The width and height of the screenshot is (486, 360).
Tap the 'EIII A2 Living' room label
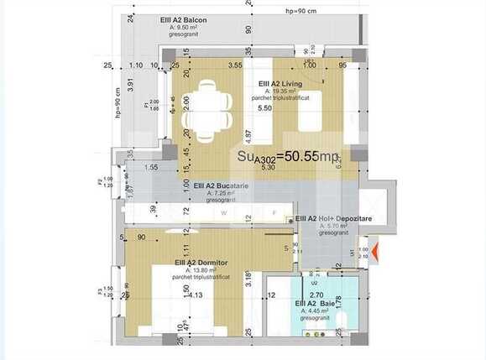(x=281, y=83)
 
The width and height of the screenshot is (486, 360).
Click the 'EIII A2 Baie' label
(x=314, y=303)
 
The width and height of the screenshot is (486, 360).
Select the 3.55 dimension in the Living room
(x=235, y=65)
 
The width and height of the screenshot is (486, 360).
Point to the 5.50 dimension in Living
(x=264, y=108)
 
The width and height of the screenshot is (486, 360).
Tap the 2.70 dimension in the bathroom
(x=316, y=295)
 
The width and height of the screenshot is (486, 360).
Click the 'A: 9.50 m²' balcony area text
(x=186, y=27)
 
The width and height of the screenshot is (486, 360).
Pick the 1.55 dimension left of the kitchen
(x=151, y=168)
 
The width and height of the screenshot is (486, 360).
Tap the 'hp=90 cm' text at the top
(x=301, y=12)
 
